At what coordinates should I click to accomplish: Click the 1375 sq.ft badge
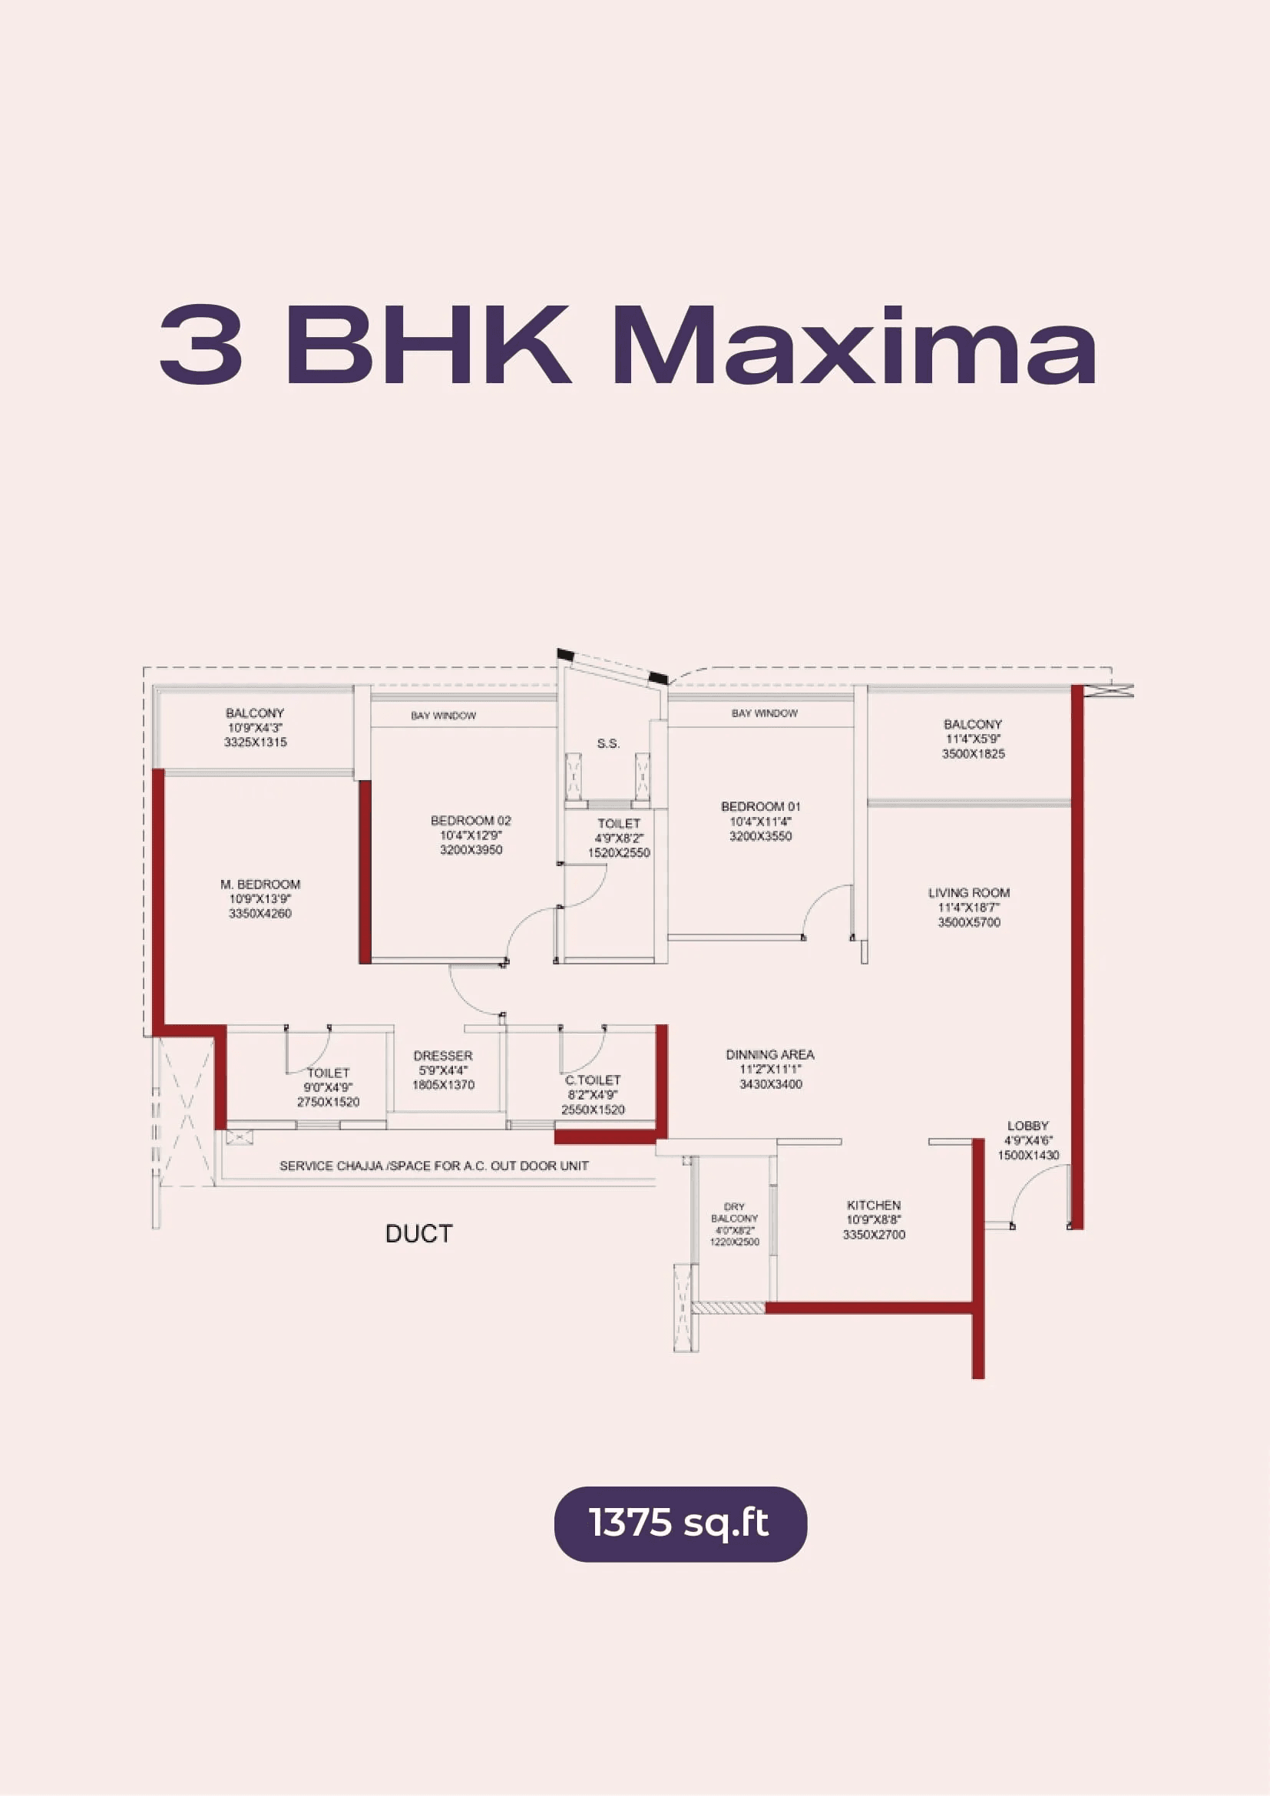(680, 1523)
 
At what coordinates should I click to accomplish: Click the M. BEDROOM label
(260, 884)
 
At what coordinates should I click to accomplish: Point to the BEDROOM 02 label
(471, 821)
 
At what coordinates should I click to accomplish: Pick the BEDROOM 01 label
(760, 806)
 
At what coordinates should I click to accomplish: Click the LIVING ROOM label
(969, 892)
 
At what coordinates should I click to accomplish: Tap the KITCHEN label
(874, 1206)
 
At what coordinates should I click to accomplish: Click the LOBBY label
(1027, 1126)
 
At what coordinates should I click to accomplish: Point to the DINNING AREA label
(770, 1054)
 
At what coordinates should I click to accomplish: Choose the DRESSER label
(442, 1056)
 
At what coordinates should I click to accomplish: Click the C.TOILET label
(593, 1080)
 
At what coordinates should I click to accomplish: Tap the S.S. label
(608, 744)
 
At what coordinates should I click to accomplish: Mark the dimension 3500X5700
(969, 923)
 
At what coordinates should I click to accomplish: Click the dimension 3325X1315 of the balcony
(255, 743)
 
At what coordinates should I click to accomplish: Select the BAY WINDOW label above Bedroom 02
(443, 716)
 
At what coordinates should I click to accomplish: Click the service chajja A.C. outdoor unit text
(434, 1166)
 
